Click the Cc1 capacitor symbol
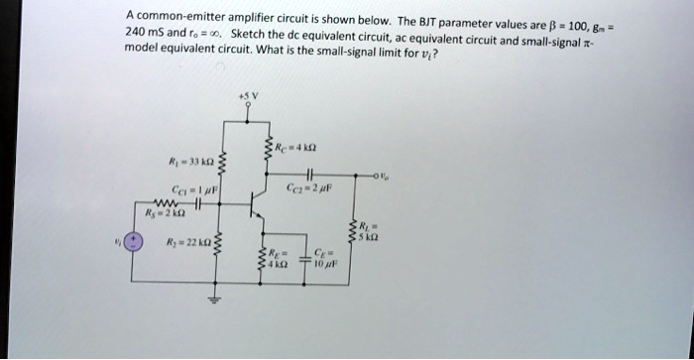pos(197,204)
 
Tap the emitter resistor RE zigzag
pos(264,257)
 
